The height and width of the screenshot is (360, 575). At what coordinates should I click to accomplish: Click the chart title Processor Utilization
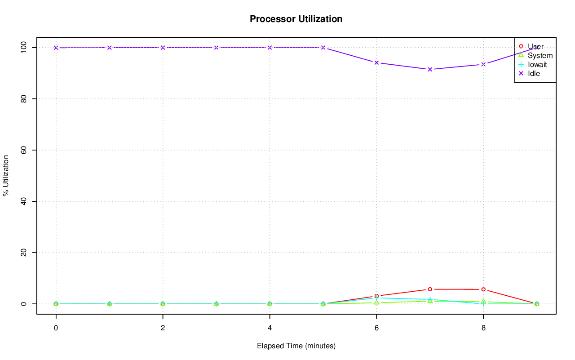pyautogui.click(x=296, y=19)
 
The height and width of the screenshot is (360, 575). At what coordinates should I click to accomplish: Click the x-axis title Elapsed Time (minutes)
pyautogui.click(x=296, y=346)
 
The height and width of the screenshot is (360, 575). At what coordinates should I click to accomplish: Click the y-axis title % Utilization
pyautogui.click(x=6, y=175)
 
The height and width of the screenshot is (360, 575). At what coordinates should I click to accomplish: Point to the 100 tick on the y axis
pyautogui.click(x=23, y=47)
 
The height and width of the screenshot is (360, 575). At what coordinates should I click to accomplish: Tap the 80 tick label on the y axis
pyautogui.click(x=23, y=98)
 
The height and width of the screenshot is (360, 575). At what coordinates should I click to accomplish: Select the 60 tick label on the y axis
pyautogui.click(x=23, y=150)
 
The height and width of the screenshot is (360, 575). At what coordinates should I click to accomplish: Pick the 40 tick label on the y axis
pyautogui.click(x=23, y=201)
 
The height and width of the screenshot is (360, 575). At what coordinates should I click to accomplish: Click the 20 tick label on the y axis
pyautogui.click(x=23, y=253)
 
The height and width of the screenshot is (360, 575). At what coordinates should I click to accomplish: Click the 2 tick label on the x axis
pyautogui.click(x=163, y=328)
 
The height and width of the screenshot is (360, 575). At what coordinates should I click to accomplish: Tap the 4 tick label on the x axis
pyautogui.click(x=270, y=328)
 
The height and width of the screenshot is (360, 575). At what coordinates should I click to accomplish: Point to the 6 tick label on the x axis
pyautogui.click(x=376, y=328)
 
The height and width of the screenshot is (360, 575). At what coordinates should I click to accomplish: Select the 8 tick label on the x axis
pyautogui.click(x=483, y=328)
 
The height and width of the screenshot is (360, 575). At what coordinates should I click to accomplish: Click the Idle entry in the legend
pyautogui.click(x=534, y=73)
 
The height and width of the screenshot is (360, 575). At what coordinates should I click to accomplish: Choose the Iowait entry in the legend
pyautogui.click(x=537, y=64)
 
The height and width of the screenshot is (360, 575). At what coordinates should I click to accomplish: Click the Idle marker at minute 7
pyautogui.click(x=430, y=69)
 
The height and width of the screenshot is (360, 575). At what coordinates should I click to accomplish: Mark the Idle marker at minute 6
pyautogui.click(x=376, y=62)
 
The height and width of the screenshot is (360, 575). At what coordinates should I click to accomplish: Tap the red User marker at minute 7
pyautogui.click(x=430, y=289)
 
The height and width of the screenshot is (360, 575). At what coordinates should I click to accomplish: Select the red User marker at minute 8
pyautogui.click(x=483, y=289)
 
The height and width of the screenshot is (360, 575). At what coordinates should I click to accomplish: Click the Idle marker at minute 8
pyautogui.click(x=483, y=64)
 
